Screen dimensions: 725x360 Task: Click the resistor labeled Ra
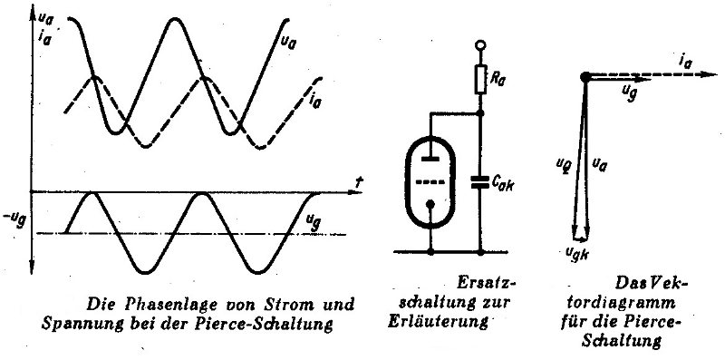pos(480,81)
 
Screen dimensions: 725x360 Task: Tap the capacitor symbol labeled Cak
pos(480,182)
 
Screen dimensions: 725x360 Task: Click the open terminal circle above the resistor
pos(480,45)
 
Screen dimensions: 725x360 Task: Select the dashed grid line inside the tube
pos(430,182)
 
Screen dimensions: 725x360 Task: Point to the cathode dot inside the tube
pos(430,204)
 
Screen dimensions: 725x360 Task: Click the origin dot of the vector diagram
pos(585,77)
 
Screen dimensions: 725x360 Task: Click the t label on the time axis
pos(358,182)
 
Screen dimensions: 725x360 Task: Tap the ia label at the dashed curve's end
pos(315,100)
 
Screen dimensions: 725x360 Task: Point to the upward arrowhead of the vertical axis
pos(33,14)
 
